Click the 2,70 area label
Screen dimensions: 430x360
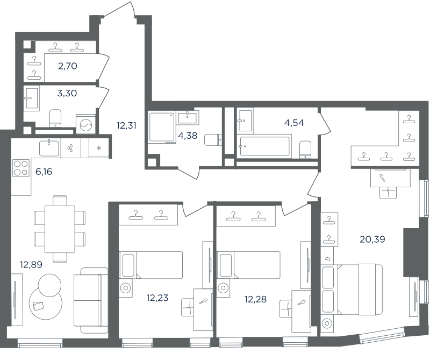[68, 66]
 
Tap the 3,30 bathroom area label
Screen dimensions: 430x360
[67, 93]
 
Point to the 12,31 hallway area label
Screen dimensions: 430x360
[126, 125]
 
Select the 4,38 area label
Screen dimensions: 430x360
[188, 136]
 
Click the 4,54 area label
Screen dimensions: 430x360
[294, 123]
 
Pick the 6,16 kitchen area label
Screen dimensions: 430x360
[44, 172]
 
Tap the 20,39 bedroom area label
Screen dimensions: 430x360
[372, 239]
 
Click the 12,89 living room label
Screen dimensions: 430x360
[31, 265]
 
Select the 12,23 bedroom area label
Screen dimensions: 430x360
[157, 298]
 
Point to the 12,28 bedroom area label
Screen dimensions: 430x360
[255, 299]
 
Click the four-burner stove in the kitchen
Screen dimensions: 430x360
[21, 168]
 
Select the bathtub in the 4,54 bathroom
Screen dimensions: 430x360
[264, 146]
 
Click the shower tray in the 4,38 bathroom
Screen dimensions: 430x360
[162, 128]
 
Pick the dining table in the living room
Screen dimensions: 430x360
[60, 229]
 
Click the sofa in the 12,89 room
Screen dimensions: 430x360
[91, 300]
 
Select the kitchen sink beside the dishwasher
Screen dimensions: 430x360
[49, 149]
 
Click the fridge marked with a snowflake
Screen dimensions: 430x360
[99, 148]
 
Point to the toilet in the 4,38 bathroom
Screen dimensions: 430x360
[213, 140]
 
